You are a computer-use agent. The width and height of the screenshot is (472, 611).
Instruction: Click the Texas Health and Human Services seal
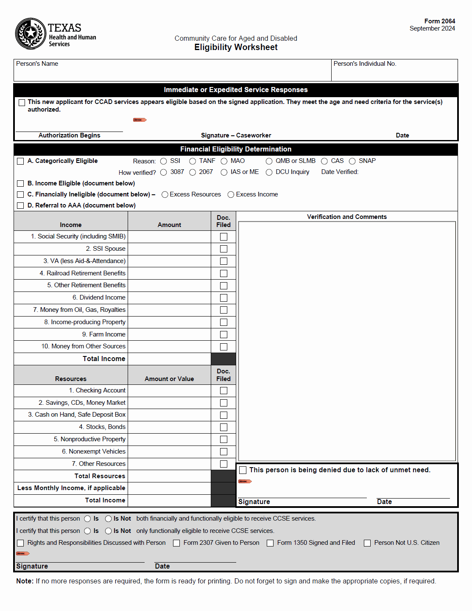point(31,34)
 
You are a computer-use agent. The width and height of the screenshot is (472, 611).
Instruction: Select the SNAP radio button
point(352,161)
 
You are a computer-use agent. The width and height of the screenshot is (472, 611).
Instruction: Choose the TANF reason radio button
point(193,161)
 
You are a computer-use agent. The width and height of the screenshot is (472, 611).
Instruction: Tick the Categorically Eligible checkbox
point(20,161)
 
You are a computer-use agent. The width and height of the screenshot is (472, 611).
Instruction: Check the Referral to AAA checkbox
point(20,205)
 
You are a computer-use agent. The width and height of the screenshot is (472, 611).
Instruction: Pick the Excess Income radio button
point(231,195)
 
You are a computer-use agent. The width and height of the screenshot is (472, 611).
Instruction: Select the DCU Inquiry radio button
point(269,172)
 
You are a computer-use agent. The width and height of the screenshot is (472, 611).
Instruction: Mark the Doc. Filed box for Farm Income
point(223,335)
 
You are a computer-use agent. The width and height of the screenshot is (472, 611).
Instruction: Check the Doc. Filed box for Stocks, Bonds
point(223,427)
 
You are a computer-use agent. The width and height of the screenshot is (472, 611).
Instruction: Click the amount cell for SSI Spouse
point(169,249)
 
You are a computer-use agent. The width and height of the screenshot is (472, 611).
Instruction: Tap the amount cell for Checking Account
point(169,391)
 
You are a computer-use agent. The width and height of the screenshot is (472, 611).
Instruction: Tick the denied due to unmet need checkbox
point(243,470)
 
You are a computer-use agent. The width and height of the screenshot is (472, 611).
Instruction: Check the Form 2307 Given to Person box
point(176,543)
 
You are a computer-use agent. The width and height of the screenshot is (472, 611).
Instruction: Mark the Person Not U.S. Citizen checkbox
point(367,543)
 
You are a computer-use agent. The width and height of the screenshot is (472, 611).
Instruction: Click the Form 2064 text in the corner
point(439,21)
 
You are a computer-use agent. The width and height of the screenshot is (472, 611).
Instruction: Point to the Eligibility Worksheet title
point(236,48)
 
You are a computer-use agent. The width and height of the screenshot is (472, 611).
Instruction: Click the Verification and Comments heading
point(346,217)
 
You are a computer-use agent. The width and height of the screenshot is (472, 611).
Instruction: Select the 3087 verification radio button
point(164,172)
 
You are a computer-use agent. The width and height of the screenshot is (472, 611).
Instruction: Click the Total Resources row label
point(100,476)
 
